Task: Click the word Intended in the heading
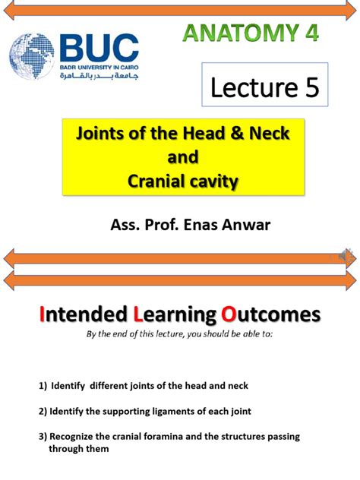(82, 315)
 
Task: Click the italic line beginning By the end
(179, 333)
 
